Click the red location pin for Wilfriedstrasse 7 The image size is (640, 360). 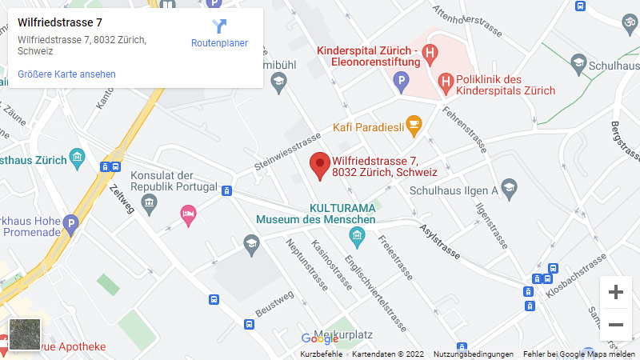321,164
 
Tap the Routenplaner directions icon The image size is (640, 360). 219,26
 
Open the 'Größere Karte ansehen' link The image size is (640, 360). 67,74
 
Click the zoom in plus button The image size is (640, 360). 615,292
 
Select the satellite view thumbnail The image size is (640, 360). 25,334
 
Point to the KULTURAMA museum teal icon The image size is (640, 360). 358,234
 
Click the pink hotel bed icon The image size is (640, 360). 188,214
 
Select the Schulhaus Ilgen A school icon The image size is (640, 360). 510,190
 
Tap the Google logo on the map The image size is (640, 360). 319,338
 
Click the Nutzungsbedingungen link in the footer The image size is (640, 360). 474,354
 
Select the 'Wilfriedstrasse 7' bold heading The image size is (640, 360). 60,22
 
